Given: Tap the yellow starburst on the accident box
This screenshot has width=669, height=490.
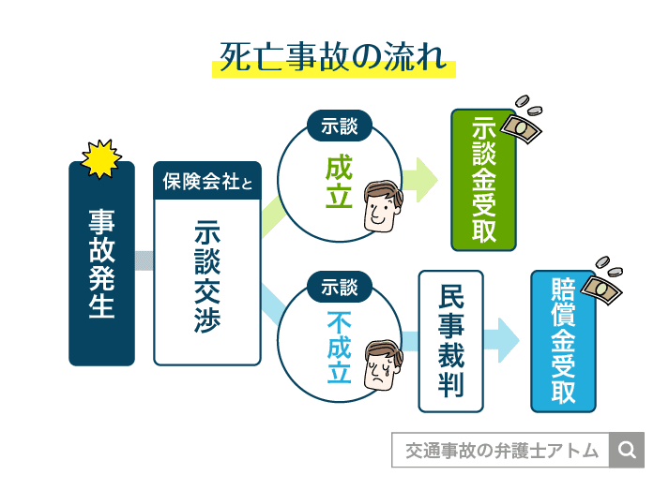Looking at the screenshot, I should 101,158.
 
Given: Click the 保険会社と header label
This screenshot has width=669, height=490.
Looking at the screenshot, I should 206,181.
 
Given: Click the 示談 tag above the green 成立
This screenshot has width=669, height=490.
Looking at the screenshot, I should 339,126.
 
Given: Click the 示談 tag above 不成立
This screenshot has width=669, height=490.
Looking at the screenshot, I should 339,287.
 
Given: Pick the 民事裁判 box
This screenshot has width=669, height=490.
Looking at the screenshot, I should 450,341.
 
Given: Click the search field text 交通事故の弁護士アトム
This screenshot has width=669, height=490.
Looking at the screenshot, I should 501,451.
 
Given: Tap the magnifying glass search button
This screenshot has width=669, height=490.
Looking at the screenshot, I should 627,451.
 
